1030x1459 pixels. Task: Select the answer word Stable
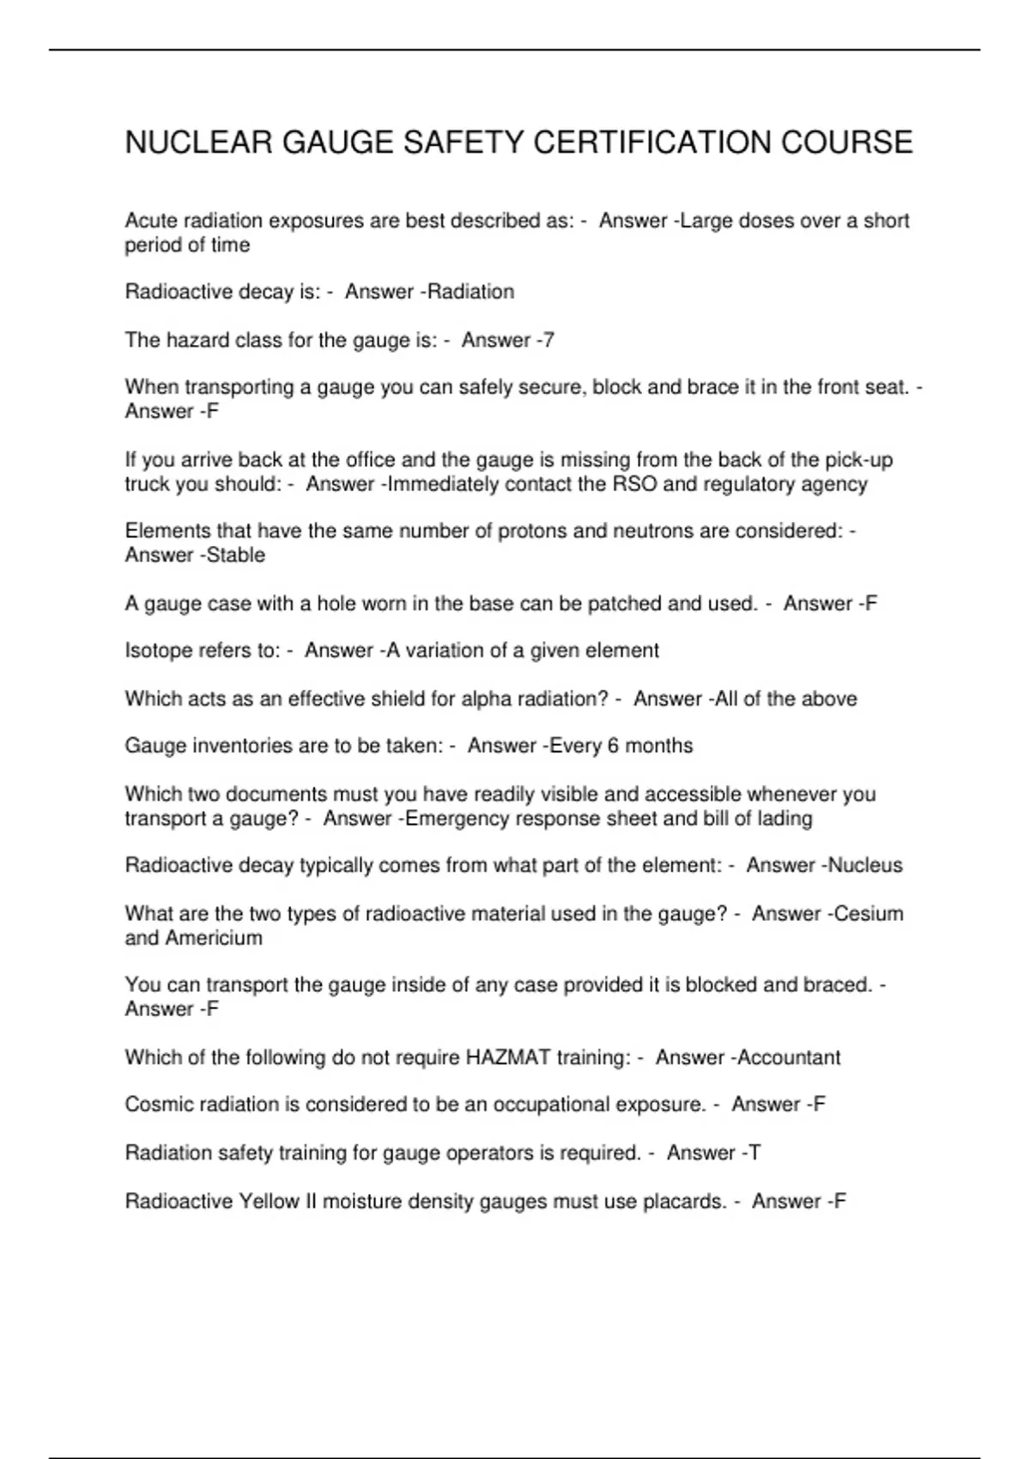[x=236, y=555]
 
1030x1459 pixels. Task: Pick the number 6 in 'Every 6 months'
[x=613, y=746]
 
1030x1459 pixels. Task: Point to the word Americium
[x=214, y=937]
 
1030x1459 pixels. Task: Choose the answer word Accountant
[x=789, y=1057]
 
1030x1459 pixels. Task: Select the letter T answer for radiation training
[x=754, y=1153]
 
